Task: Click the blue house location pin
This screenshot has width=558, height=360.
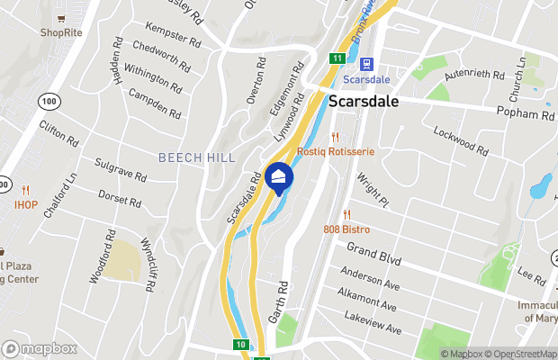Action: pos(279,176)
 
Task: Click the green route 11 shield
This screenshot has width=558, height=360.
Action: pos(336,58)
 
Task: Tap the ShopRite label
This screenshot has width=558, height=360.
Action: pos(60,32)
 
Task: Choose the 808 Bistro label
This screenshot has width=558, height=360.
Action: pos(346,229)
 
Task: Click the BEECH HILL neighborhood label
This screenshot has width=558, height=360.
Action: pos(196,157)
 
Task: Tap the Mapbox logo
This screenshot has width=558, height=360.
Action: pos(39,348)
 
